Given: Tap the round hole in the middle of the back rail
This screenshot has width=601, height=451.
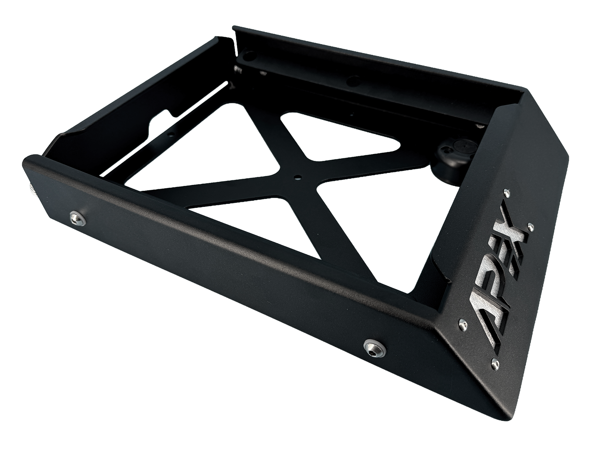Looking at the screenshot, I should [353, 81].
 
